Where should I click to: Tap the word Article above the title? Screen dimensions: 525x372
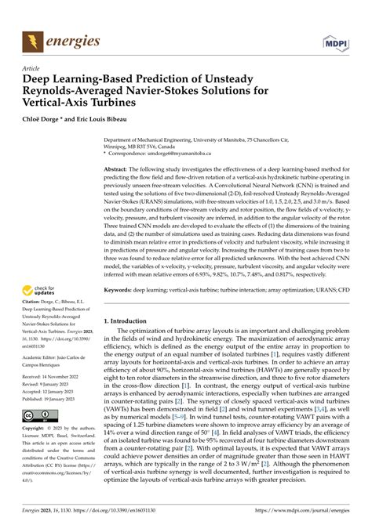point(32,68)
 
